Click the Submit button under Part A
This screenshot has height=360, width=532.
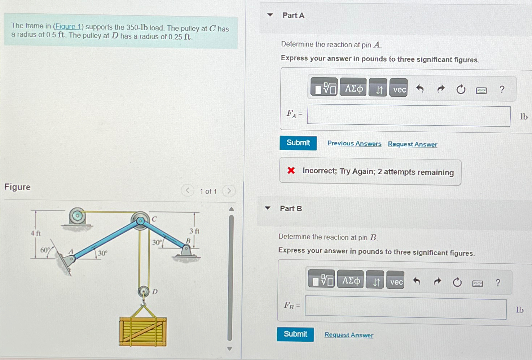(298, 143)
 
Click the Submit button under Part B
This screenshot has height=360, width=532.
(295, 334)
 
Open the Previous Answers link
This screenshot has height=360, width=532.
(354, 144)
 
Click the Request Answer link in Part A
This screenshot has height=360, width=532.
(412, 144)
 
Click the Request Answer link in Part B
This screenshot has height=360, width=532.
(349, 335)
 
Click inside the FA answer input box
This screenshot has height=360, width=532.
(408, 116)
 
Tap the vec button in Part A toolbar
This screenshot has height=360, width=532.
(399, 89)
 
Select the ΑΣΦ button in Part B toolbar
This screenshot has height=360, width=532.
(350, 280)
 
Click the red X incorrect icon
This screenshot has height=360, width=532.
(291, 170)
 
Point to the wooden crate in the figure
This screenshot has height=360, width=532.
(143, 331)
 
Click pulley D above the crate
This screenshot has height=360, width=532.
(144, 291)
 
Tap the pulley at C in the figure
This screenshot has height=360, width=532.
(140, 220)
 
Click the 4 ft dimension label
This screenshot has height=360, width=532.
(36, 233)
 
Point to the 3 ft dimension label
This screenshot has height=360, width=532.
(194, 231)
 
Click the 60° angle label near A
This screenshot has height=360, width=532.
(45, 250)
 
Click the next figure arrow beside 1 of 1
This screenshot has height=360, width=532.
(229, 191)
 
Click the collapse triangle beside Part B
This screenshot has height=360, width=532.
(268, 208)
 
